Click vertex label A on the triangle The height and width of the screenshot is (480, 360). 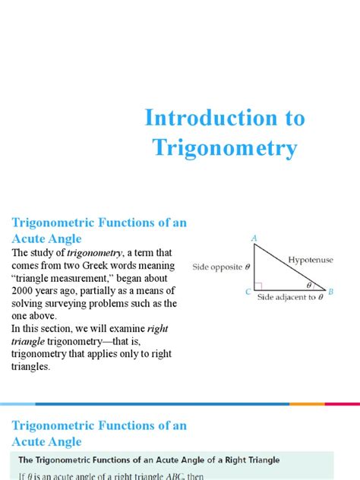coord(254,239)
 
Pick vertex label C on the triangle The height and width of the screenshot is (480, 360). coord(247,291)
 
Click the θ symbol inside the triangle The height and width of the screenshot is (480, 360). coord(308,286)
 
